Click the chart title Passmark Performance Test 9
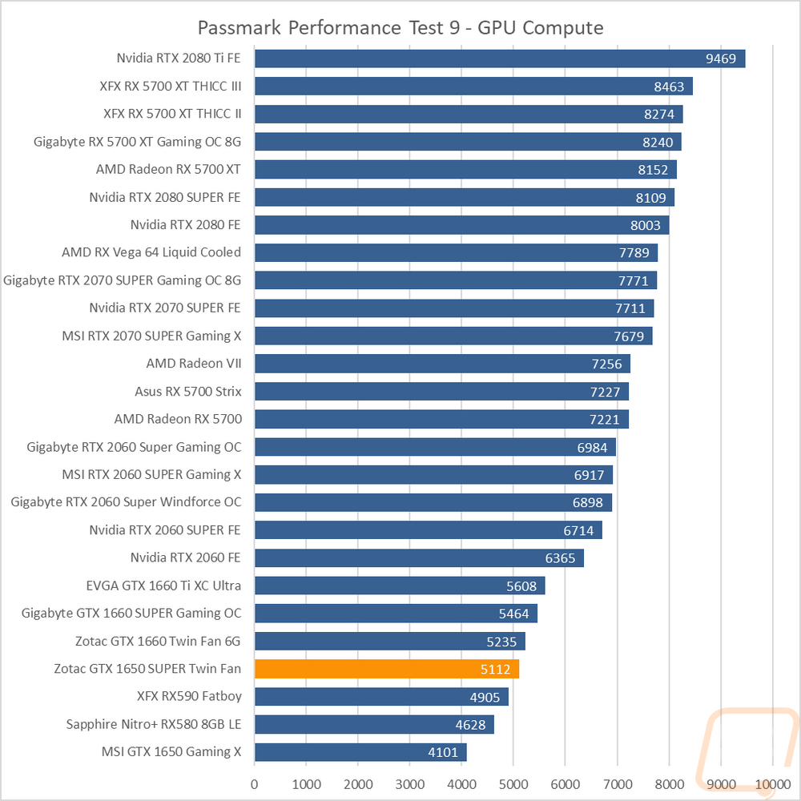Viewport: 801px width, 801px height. (400, 28)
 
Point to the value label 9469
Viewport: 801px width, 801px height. (721, 58)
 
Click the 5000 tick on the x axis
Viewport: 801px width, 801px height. (513, 783)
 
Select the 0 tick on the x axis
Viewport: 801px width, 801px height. (255, 783)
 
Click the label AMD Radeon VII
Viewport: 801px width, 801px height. (194, 364)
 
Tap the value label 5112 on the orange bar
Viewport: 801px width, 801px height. (494, 669)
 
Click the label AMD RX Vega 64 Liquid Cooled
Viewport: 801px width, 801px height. (151, 252)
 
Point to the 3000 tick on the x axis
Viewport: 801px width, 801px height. (410, 783)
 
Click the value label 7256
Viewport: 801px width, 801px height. (606, 364)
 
